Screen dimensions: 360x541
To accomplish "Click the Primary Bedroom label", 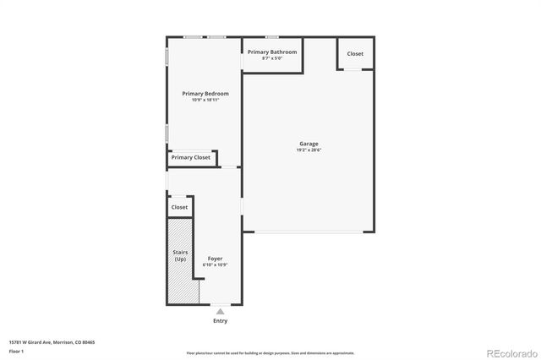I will [x=205, y=93].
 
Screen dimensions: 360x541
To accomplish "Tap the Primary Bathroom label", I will [x=272, y=52].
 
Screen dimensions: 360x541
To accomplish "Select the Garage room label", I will [x=309, y=144].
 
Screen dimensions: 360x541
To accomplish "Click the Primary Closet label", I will [x=191, y=158].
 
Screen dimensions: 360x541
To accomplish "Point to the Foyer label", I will [x=215, y=259].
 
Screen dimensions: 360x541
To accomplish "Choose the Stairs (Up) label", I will [x=180, y=256].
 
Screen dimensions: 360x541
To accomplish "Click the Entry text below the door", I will [x=220, y=321].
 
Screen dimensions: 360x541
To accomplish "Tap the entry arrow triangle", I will [x=220, y=312].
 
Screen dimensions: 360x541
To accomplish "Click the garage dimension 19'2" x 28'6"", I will [x=309, y=150].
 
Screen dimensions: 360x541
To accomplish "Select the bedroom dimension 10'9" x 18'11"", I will [x=205, y=100].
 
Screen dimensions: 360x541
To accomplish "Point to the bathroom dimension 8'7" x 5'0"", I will [x=272, y=58].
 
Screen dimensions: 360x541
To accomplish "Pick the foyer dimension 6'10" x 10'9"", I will [x=215, y=265].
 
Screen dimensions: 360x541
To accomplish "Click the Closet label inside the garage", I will [x=355, y=54].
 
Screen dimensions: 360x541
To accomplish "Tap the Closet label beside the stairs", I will [x=180, y=207].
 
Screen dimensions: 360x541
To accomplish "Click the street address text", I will [x=52, y=342].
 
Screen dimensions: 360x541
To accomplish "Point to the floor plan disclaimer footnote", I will [x=270, y=353].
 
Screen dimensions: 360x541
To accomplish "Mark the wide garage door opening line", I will [x=309, y=232].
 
